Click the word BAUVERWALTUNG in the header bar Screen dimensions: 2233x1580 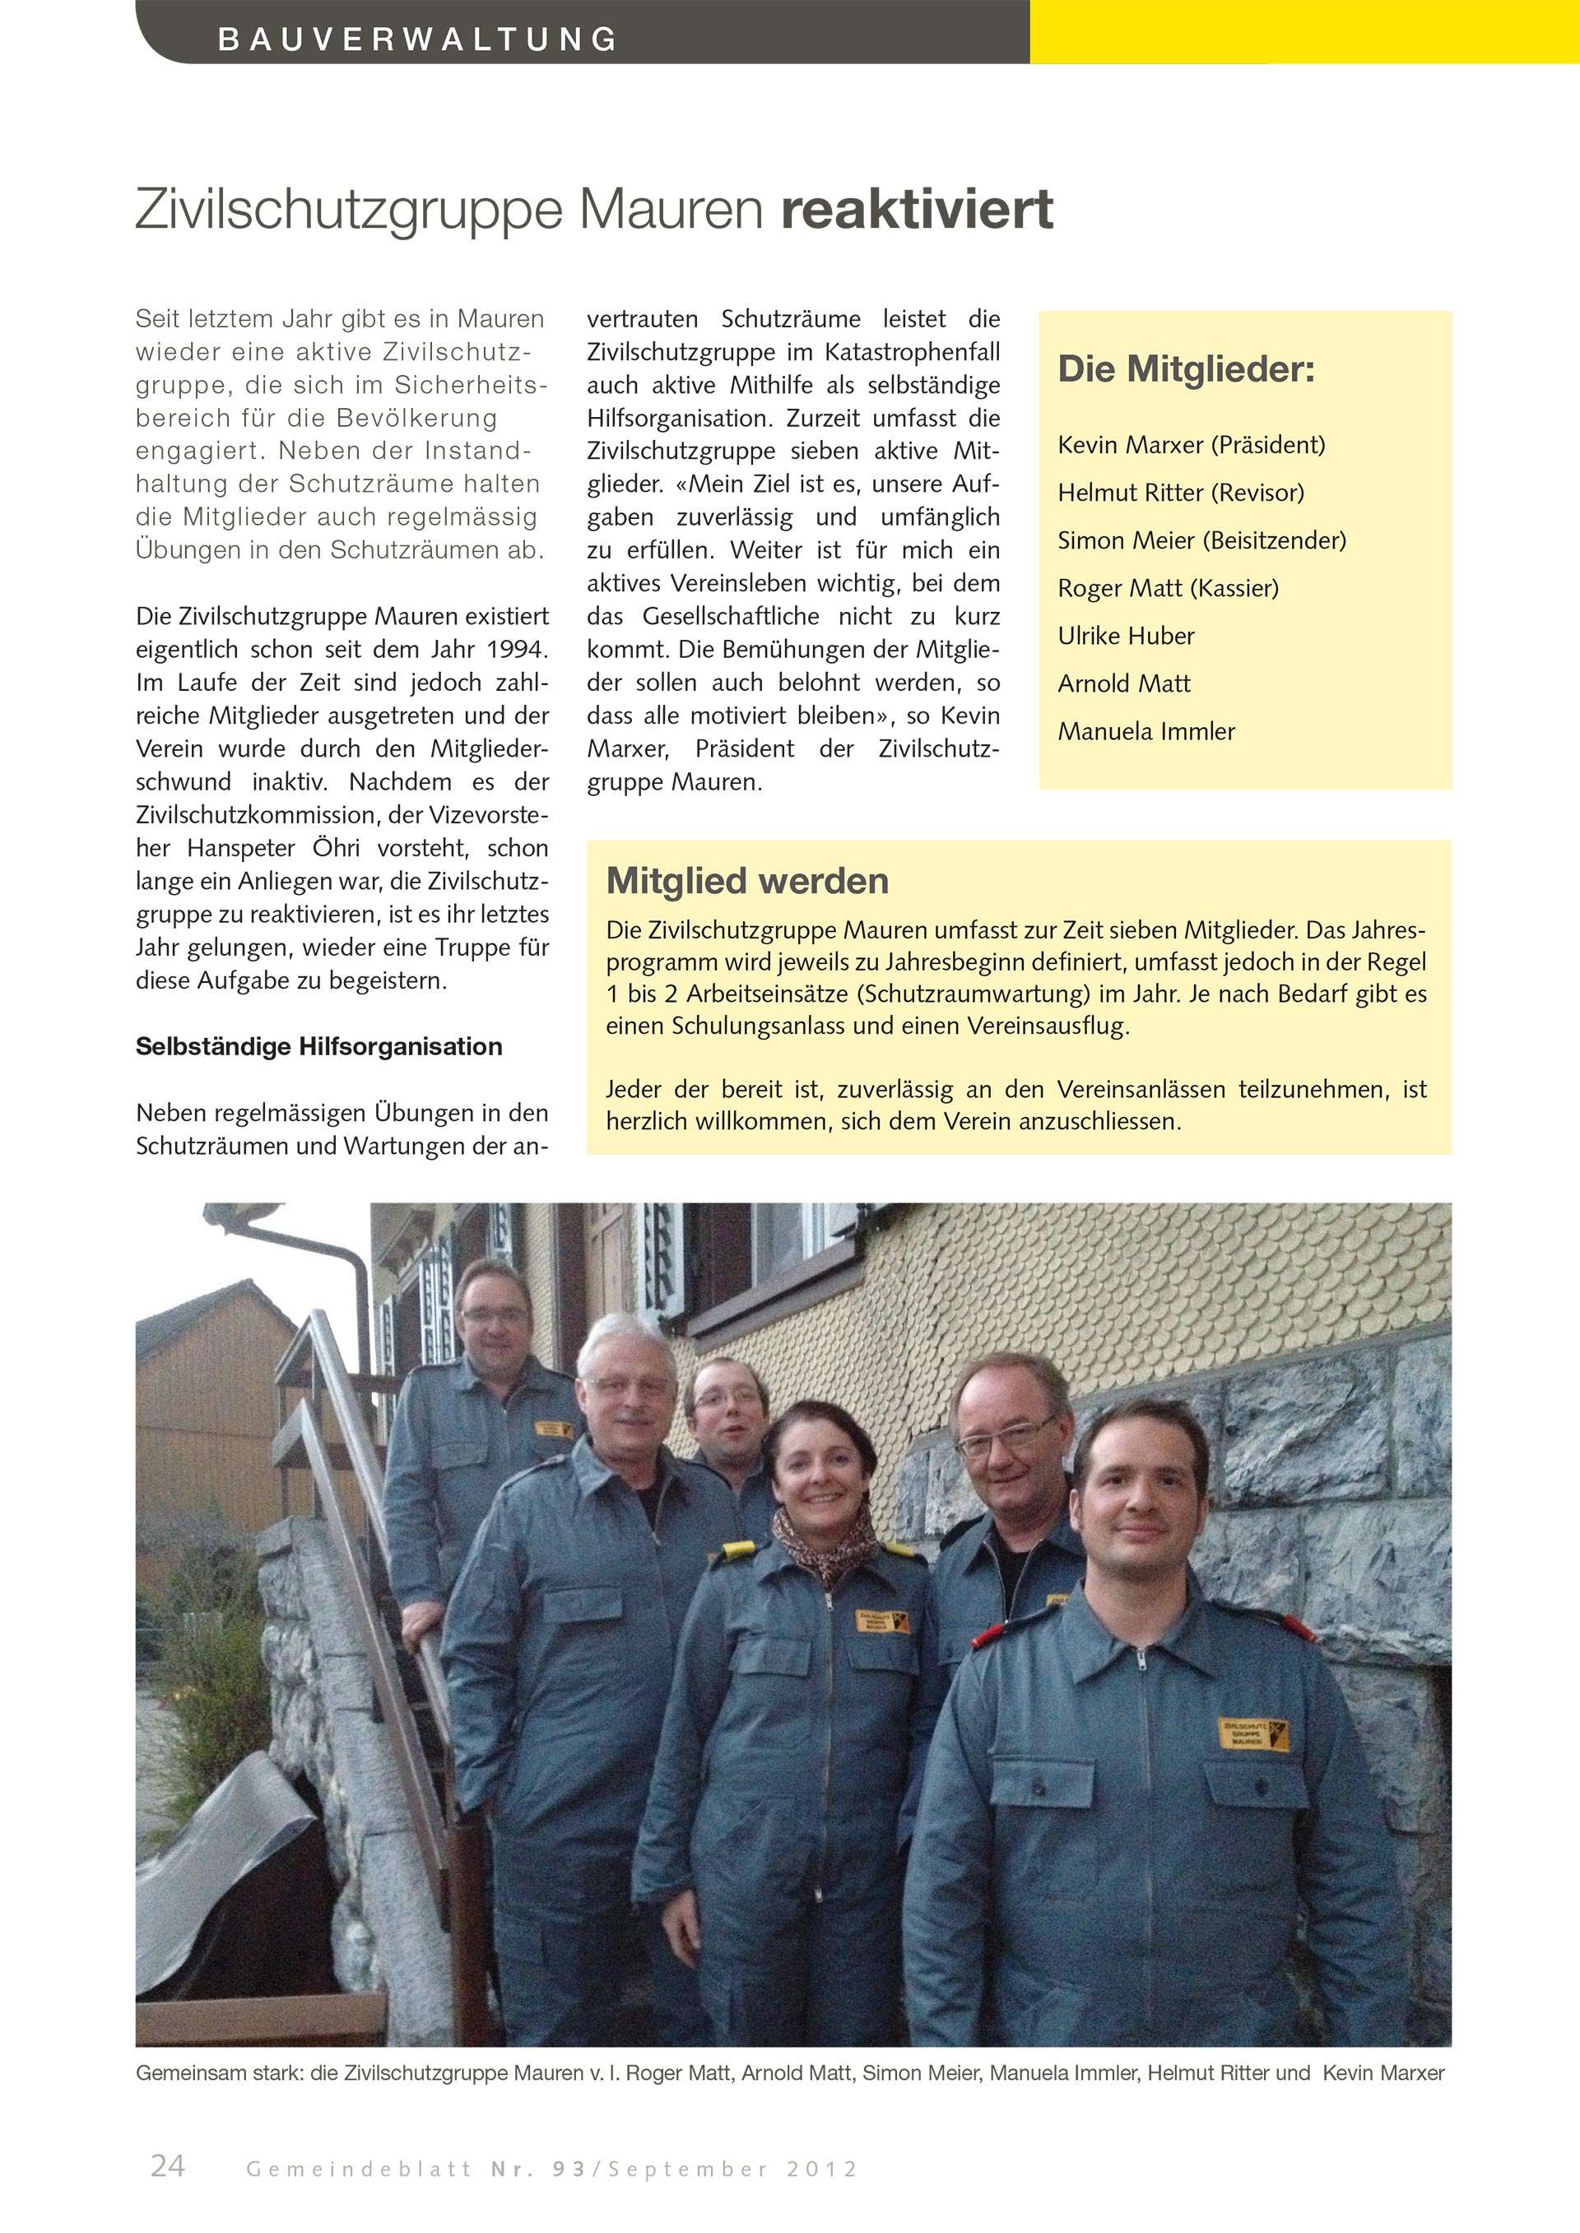(x=418, y=39)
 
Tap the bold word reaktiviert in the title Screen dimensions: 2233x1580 (x=917, y=209)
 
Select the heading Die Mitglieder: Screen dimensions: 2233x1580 (x=1186, y=369)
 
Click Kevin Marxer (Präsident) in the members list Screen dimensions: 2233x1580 (x=1191, y=446)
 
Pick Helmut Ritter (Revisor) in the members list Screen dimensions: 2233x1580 (x=1180, y=493)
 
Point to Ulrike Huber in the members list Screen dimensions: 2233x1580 (x=1126, y=636)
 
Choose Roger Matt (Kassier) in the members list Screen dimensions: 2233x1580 (x=1168, y=588)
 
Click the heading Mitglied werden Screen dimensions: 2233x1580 (x=747, y=881)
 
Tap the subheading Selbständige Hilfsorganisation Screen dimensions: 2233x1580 (x=319, y=1046)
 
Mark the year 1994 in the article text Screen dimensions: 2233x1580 (x=518, y=650)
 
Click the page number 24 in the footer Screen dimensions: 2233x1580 (x=167, y=2165)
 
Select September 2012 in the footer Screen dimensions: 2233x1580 (x=732, y=2169)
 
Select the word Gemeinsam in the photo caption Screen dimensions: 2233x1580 (x=181, y=2073)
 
